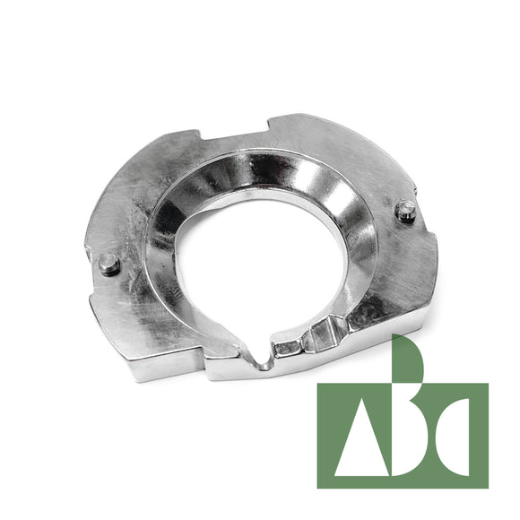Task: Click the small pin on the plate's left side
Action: click(x=109, y=264)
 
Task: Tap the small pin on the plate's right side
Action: click(x=406, y=211)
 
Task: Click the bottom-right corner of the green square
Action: click(x=488, y=487)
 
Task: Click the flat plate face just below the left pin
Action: click(x=121, y=296)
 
